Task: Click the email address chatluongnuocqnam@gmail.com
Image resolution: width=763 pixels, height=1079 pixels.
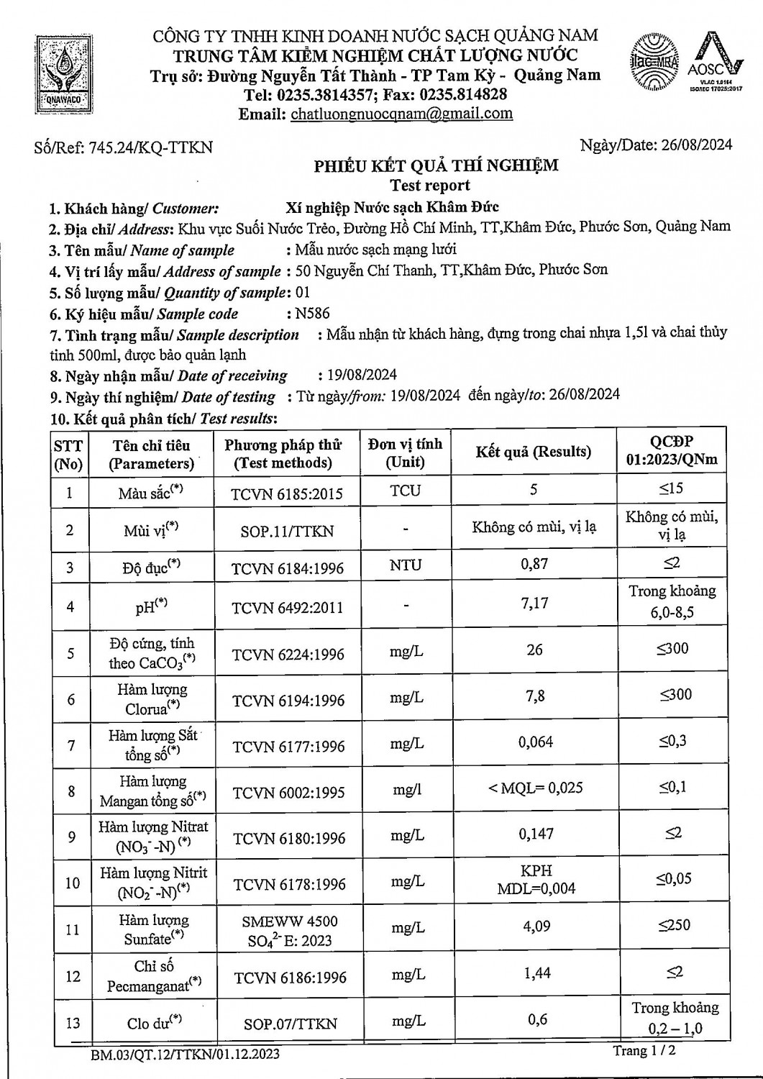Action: click(401, 114)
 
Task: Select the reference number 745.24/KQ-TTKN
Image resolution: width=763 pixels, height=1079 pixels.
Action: click(150, 147)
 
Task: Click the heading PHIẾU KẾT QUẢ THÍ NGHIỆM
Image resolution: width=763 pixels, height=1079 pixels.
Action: click(436, 166)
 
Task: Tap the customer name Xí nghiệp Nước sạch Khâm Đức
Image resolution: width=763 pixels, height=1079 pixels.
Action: click(392, 207)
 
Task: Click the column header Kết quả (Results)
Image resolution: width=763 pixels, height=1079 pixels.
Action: click(534, 452)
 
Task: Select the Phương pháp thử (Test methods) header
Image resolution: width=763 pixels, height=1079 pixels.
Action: click(283, 454)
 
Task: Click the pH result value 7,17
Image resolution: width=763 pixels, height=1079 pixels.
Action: click(534, 604)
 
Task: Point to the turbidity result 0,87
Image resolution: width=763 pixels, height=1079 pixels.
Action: click(534, 564)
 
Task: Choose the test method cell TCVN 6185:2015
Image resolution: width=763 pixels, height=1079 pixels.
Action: click(287, 493)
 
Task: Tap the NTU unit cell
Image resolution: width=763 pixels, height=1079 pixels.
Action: click(406, 565)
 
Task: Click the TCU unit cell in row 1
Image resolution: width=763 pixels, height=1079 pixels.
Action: click(406, 491)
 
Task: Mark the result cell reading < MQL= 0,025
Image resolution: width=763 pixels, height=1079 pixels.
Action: click(535, 788)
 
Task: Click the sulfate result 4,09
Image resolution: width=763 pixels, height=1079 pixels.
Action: click(536, 926)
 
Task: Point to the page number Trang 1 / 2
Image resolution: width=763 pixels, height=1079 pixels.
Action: click(644, 1051)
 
